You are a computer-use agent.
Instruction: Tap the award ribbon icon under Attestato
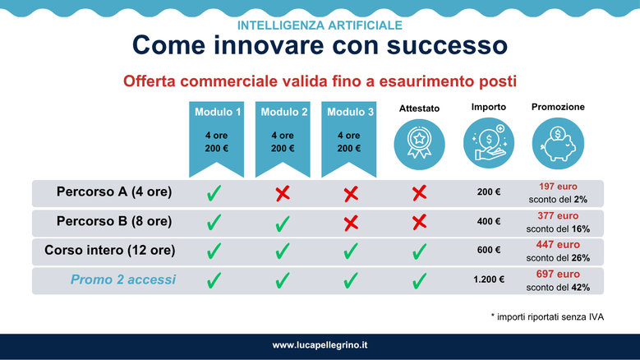point(419,144)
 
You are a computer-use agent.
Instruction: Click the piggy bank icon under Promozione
point(558,143)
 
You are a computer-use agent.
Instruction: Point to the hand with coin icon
point(489,143)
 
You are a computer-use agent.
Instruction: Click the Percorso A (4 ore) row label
point(114,192)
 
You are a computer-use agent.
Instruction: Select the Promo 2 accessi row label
point(123,279)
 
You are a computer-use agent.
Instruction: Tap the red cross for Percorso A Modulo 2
point(283,193)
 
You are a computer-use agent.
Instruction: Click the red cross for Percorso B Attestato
point(419,223)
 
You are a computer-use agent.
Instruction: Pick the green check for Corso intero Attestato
point(419,252)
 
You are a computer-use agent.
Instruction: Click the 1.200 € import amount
point(489,279)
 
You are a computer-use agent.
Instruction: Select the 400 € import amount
point(489,222)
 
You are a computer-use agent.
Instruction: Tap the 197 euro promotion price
point(558,187)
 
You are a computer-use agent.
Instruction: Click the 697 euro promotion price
point(558,275)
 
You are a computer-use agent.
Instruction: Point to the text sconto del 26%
point(558,258)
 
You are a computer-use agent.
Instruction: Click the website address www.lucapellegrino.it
point(320,345)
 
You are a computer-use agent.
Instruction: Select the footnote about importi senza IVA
point(547,317)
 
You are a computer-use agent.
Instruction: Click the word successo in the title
point(447,45)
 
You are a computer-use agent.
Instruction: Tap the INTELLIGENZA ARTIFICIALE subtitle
point(320,25)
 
